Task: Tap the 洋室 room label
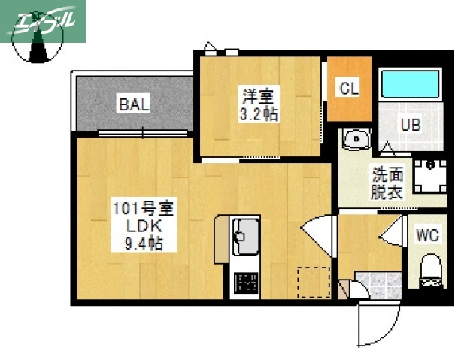[257, 96]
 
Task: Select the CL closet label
[349, 88]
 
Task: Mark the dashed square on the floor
[313, 282]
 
